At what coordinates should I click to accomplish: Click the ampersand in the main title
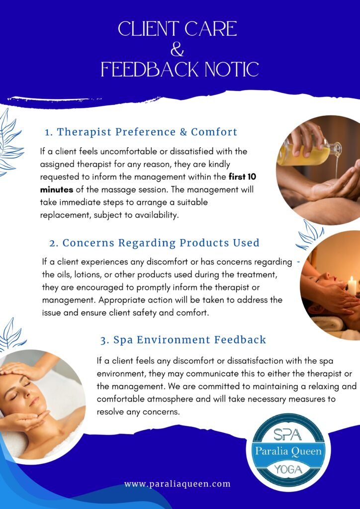(177, 49)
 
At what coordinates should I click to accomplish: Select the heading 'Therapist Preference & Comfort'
(141, 132)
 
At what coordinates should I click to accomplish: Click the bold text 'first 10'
(243, 177)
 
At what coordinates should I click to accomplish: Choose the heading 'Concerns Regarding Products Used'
(154, 243)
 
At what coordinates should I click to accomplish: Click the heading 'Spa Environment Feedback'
(183, 340)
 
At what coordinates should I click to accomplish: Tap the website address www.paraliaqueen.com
(177, 484)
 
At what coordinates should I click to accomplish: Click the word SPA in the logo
(287, 434)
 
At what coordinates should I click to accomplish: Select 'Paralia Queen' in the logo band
(288, 451)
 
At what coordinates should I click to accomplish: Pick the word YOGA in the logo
(287, 469)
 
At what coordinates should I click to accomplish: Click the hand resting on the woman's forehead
(21, 370)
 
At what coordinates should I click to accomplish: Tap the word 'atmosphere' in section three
(170, 399)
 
